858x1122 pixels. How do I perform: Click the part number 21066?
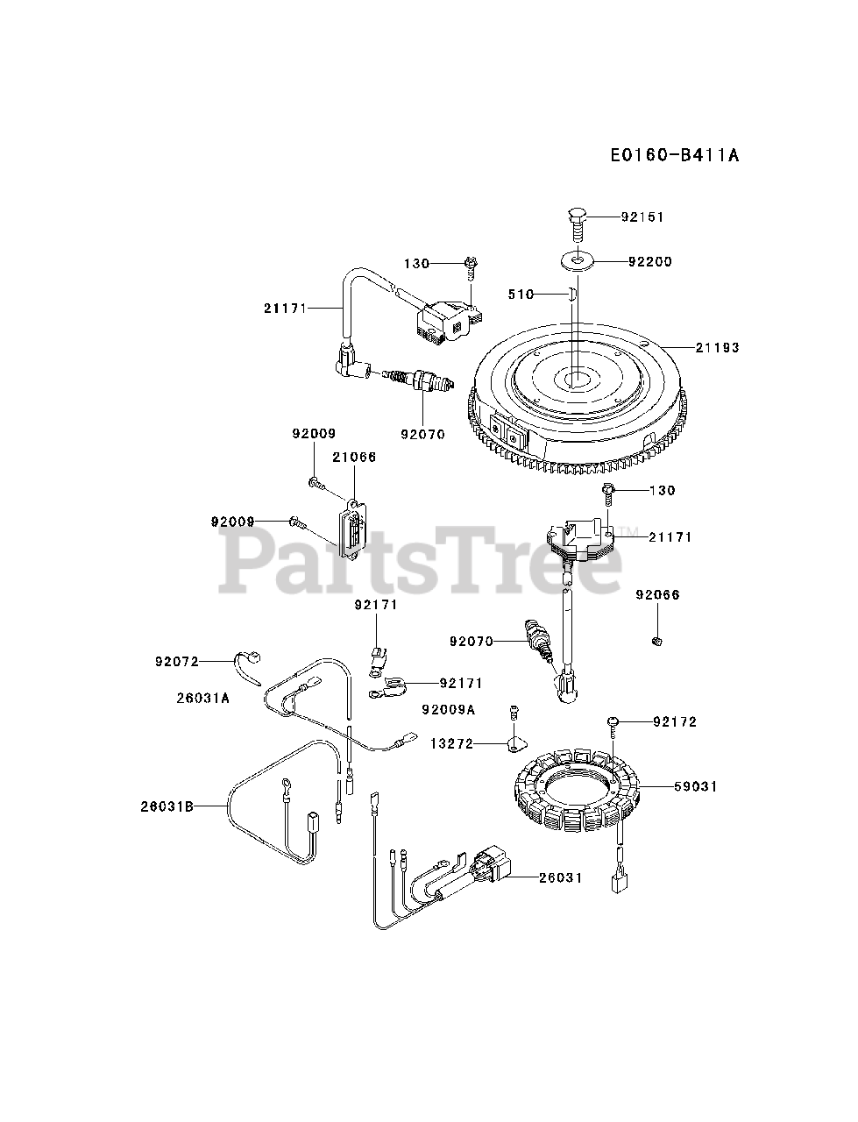(354, 457)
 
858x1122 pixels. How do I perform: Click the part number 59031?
(696, 786)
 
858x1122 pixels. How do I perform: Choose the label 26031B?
(167, 806)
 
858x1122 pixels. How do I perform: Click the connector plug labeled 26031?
(486, 868)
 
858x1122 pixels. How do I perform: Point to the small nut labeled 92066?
(657, 643)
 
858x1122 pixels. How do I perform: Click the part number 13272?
(451, 744)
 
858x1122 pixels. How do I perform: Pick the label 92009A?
(448, 709)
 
